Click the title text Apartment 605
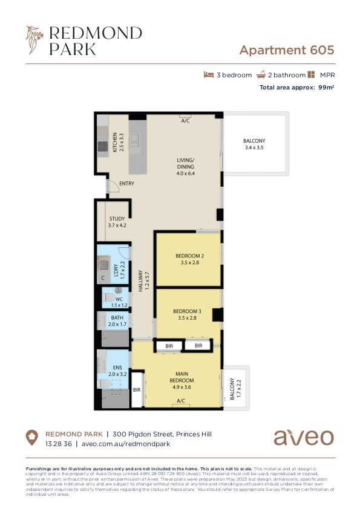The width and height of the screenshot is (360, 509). pyautogui.click(x=286, y=50)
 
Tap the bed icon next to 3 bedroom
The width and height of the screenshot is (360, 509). pyautogui.click(x=209, y=75)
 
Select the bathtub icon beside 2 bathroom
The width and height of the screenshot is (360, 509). pyautogui.click(x=261, y=75)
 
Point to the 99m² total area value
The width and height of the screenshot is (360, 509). pyautogui.click(x=326, y=88)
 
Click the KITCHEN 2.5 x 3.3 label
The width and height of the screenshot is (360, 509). pyautogui.click(x=117, y=143)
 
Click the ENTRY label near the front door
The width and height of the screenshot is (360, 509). pyautogui.click(x=126, y=184)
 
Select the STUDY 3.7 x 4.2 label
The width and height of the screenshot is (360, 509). pyautogui.click(x=117, y=222)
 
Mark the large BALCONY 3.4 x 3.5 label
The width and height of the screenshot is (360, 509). pyautogui.click(x=254, y=144)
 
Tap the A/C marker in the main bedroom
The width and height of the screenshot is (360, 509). pyautogui.click(x=180, y=401)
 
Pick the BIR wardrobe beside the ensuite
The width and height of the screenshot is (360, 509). pyautogui.click(x=137, y=391)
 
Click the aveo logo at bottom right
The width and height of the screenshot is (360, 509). pyautogui.click(x=303, y=436)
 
